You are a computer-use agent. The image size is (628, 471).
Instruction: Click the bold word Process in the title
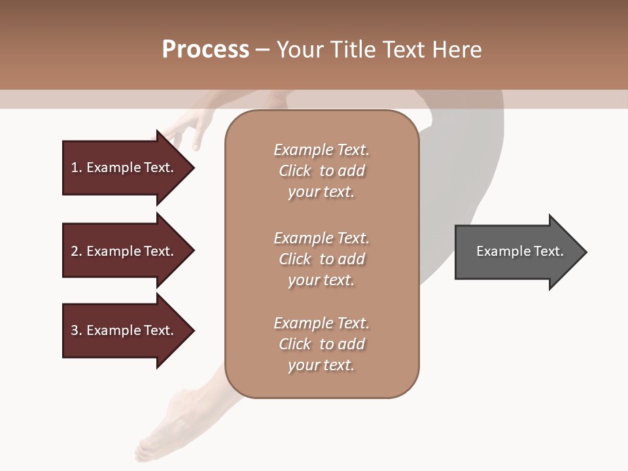(205, 50)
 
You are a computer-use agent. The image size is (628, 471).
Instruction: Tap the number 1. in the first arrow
(77, 167)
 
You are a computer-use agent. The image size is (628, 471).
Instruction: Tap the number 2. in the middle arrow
(77, 251)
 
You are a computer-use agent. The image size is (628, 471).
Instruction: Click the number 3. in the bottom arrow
(77, 330)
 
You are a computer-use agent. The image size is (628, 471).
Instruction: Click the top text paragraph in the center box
(321, 171)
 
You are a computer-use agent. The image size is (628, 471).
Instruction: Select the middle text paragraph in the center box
(321, 259)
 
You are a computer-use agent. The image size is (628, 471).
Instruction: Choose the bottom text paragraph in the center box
(321, 344)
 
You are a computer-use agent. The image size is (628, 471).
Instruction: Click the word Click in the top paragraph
(295, 171)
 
